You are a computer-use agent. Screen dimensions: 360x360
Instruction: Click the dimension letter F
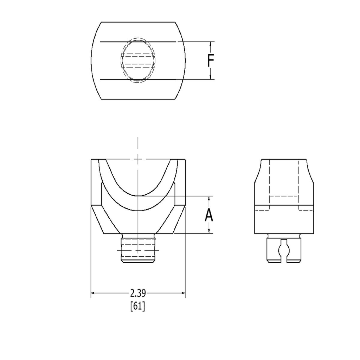point(211,60)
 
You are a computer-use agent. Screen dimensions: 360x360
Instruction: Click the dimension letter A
point(209,215)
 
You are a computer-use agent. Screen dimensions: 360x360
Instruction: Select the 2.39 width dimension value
point(138,293)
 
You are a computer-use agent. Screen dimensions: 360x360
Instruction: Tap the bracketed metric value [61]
point(137,306)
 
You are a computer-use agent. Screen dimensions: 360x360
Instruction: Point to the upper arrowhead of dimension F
point(211,44)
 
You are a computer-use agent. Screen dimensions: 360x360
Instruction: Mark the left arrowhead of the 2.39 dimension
point(93,292)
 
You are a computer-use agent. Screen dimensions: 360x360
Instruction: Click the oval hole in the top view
point(138,60)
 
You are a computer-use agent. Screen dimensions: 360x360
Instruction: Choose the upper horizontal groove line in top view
point(138,42)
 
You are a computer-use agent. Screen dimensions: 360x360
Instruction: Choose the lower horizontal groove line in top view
point(138,79)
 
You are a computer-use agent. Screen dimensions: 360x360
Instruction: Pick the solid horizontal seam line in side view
point(284,205)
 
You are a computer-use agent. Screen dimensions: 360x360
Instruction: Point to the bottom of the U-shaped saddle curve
point(138,195)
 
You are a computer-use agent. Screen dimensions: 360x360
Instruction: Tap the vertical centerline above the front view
point(138,148)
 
